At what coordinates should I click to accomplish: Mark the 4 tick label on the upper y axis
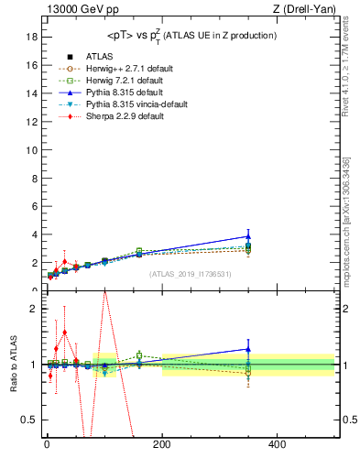33,234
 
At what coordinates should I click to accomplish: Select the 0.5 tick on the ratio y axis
28,420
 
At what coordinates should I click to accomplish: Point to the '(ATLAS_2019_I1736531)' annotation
191,273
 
